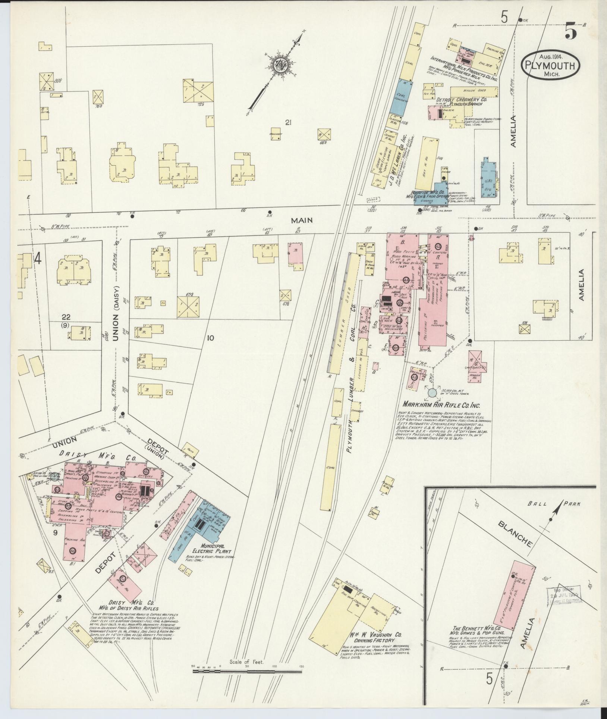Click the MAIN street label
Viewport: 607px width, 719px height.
coord(302,221)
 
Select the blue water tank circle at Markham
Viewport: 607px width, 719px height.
coord(432,392)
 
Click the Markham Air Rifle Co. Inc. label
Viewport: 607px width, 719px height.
coord(441,405)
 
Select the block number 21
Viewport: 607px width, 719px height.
coord(287,122)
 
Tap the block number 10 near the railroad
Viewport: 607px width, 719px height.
coord(211,338)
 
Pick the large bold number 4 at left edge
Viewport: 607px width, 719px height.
coord(37,259)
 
